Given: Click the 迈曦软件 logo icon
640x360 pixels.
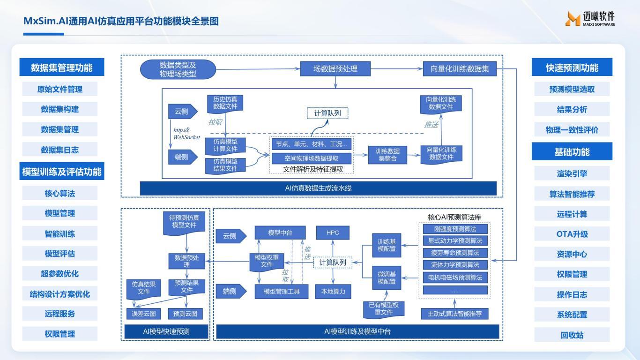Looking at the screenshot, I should (573, 19).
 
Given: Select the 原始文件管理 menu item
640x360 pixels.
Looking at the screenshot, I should (60, 89).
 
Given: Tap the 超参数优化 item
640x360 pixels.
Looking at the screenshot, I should (60, 274).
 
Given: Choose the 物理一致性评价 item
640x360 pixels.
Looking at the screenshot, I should (572, 130).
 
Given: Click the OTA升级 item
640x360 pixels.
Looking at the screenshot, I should (572, 234).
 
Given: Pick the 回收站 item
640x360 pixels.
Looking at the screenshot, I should (572, 335).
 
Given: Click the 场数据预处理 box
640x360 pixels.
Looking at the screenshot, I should (335, 69).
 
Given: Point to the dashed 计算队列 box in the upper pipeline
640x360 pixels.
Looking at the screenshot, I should (327, 113).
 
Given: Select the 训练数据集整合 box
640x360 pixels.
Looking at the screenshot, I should (387, 155).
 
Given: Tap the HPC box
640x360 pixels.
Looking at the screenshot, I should (333, 232).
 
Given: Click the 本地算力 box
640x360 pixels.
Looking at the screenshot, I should (333, 292).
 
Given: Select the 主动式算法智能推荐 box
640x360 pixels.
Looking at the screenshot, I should (454, 314).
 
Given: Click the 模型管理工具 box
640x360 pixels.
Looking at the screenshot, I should (280, 292).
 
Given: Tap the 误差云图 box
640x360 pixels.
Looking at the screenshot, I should (143, 314).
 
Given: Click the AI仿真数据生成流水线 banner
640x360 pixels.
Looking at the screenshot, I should (318, 188).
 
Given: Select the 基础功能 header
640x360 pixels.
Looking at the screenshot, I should (572, 152).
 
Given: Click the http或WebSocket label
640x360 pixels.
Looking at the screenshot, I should (186, 134).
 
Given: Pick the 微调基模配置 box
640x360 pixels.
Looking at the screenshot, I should (387, 278).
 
